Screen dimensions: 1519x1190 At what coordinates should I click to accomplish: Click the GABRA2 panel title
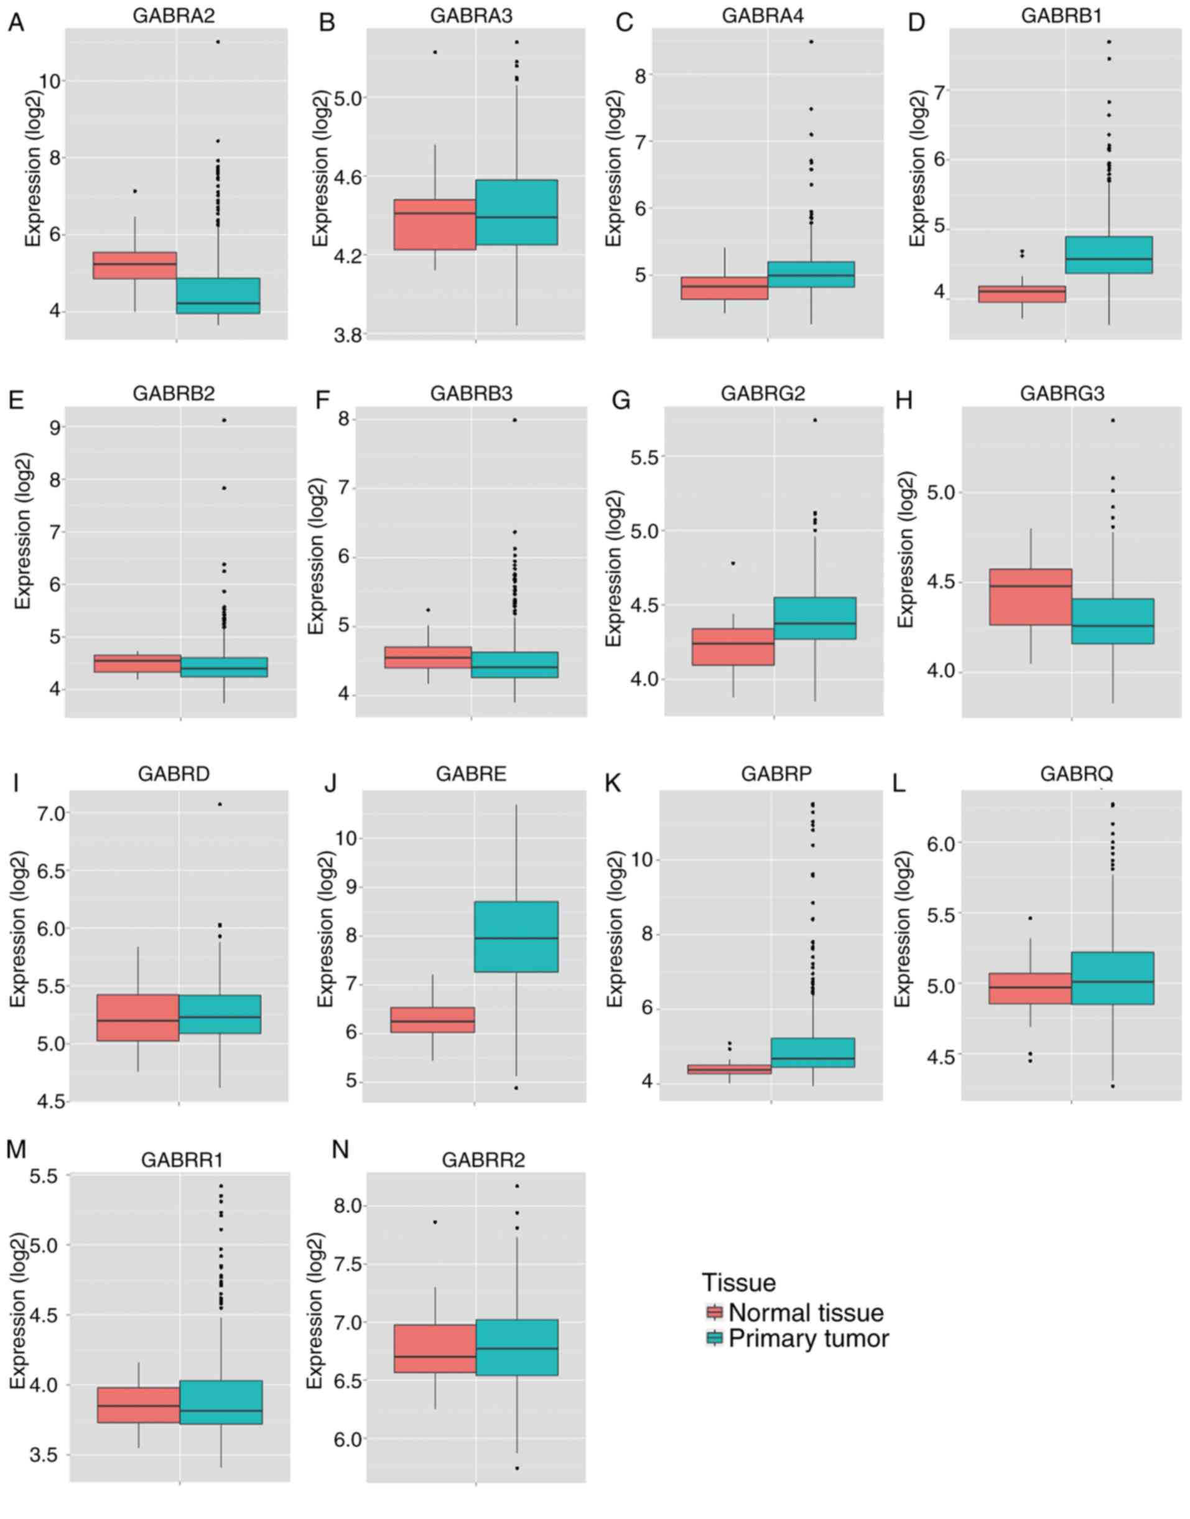tap(175, 16)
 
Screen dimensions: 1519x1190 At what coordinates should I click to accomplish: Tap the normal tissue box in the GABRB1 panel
tap(1023, 294)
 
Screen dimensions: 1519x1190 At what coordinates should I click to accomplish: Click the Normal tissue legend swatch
tap(714, 1313)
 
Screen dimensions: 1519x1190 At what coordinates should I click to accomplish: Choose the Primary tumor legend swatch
tap(714, 1339)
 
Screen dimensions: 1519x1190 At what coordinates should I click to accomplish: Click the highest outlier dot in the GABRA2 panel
tap(218, 42)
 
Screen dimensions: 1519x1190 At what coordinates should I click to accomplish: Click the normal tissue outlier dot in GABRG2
tap(733, 563)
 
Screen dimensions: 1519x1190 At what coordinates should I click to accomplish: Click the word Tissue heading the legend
tap(738, 1282)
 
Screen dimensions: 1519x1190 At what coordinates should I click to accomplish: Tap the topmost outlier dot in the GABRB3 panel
tap(514, 419)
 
